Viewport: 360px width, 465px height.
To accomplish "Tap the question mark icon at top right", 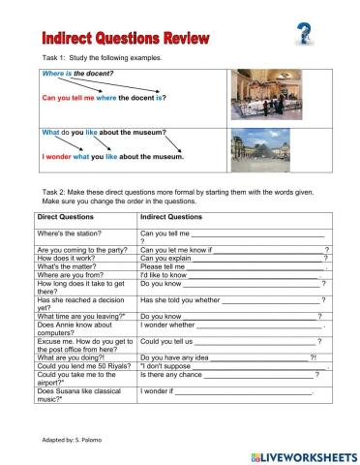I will click(303, 35).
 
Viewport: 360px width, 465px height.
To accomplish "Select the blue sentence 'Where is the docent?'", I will click(77, 74).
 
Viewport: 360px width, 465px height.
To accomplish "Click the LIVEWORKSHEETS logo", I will click(304, 454).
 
